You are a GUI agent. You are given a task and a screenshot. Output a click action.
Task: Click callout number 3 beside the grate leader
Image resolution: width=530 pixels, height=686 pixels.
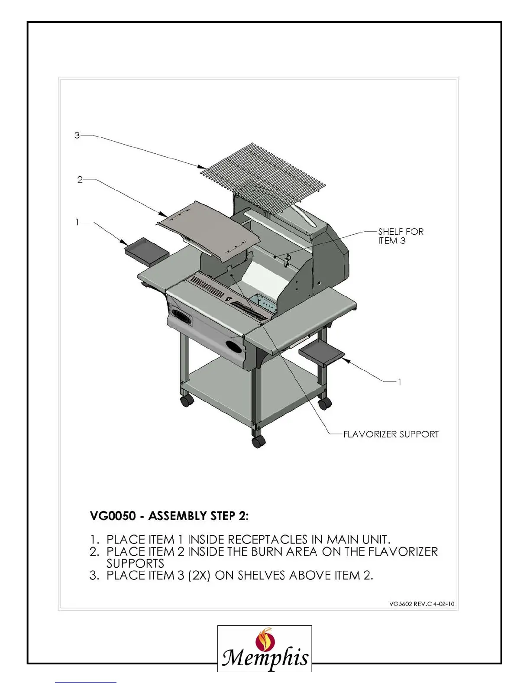(77, 135)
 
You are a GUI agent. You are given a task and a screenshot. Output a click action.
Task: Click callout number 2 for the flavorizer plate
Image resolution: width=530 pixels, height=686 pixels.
(80, 179)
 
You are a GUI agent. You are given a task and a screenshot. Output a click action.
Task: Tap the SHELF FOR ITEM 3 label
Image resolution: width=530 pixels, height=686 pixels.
(401, 236)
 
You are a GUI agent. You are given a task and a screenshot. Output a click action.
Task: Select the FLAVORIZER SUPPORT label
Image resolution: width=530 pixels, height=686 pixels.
(391, 434)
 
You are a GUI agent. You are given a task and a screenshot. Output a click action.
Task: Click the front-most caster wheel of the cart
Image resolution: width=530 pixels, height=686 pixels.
(258, 442)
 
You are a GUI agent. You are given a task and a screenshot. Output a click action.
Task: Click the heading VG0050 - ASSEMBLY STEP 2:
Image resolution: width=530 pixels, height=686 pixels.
(169, 516)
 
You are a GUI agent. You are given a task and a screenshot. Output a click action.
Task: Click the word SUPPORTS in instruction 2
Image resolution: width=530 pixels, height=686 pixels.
(135, 563)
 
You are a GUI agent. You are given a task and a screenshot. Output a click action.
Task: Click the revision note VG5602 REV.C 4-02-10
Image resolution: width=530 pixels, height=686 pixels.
(422, 604)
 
